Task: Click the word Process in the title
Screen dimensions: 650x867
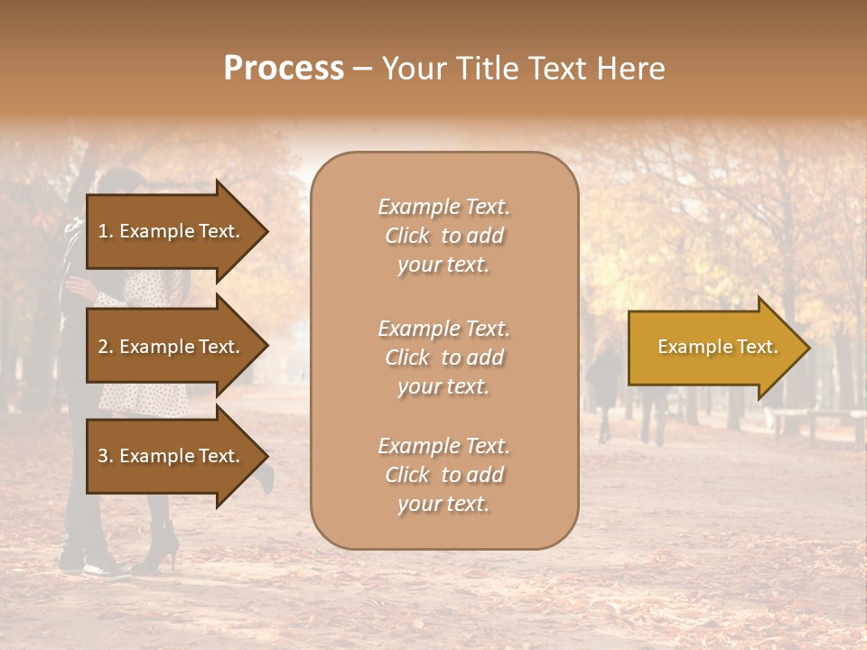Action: pos(284,69)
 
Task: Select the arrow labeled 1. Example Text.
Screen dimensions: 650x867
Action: pos(172,231)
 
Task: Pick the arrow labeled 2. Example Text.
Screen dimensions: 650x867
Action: pos(172,347)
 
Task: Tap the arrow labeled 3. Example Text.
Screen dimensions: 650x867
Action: pos(172,456)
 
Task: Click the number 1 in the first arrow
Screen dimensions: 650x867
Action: pos(102,231)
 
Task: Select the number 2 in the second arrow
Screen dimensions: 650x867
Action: pos(102,347)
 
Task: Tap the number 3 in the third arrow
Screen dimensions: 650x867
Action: pos(102,456)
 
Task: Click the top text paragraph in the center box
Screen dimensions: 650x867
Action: pos(443,236)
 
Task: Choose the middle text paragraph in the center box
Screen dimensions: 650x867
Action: pos(443,357)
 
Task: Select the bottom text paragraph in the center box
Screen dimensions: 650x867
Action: pos(443,475)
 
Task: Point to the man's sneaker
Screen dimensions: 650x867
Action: pos(104,568)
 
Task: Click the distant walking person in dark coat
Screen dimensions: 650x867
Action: pos(603,379)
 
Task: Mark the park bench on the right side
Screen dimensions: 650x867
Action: pos(813,422)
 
